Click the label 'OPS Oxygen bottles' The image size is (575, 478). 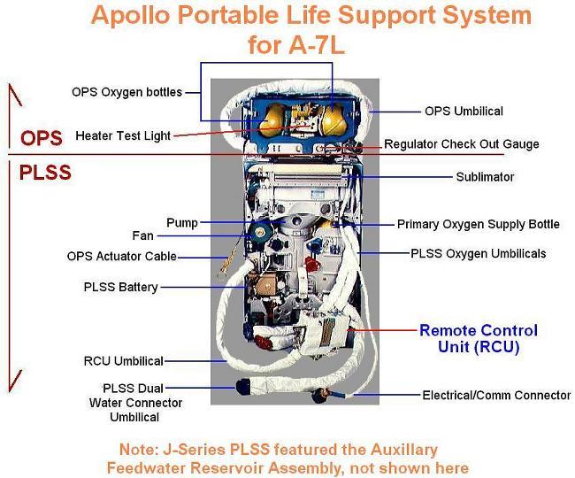click(126, 92)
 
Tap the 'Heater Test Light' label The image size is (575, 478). click(123, 135)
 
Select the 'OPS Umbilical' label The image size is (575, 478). click(464, 112)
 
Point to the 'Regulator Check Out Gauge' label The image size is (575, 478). click(461, 144)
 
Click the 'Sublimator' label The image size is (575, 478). click(485, 177)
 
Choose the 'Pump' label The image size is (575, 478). click(182, 222)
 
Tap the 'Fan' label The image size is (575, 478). click(143, 236)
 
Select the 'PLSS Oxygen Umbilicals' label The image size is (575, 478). click(479, 254)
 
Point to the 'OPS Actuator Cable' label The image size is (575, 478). click(122, 257)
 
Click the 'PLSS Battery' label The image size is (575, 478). click(121, 287)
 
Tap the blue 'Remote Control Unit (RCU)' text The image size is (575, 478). click(478, 339)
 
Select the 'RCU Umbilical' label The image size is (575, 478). click(123, 361)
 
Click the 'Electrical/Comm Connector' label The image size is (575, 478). click(496, 396)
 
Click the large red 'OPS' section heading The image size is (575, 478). click(42, 139)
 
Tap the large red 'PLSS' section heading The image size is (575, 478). click(45, 173)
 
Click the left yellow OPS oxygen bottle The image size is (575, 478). click(272, 120)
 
